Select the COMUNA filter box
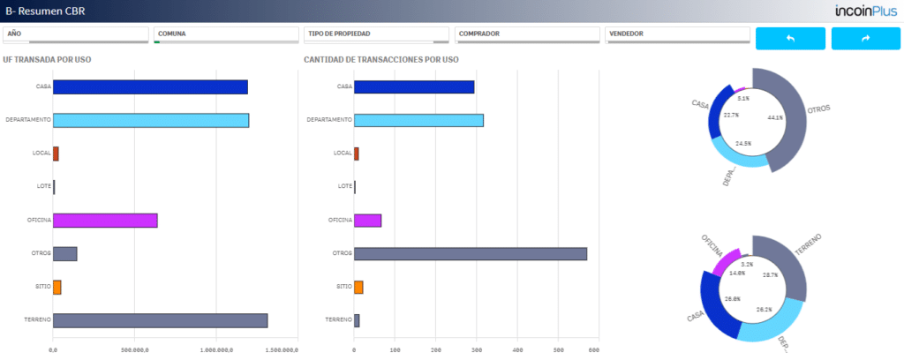pyautogui.click(x=226, y=34)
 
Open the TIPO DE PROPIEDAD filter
pyautogui.click(x=376, y=34)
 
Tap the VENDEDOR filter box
pyautogui.click(x=677, y=34)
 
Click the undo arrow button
pyautogui.click(x=790, y=39)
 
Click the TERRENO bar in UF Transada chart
pyautogui.click(x=161, y=321)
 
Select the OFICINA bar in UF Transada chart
pyautogui.click(x=105, y=220)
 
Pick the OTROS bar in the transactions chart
pyautogui.click(x=471, y=253)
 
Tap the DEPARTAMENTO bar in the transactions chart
pyautogui.click(x=418, y=120)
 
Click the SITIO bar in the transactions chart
pyautogui.click(x=358, y=287)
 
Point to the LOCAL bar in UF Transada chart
pyautogui.click(x=56, y=154)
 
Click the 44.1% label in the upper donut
pyautogui.click(x=775, y=117)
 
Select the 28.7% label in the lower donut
pyautogui.click(x=770, y=274)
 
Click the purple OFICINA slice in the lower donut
pyautogui.click(x=727, y=261)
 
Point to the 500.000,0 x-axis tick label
pyautogui.click(x=135, y=349)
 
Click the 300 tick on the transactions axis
pyautogui.click(x=476, y=349)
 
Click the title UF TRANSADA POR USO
pyautogui.click(x=48, y=59)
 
